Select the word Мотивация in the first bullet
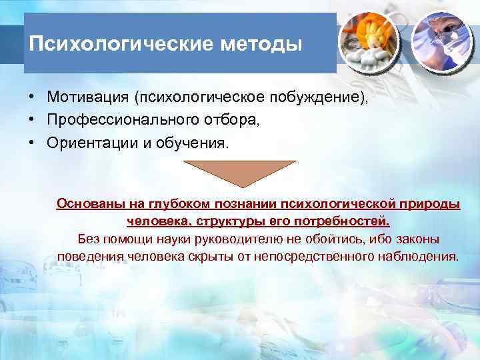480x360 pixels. pos(88,97)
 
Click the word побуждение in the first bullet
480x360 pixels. pos(318,97)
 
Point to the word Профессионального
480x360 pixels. pos(117,121)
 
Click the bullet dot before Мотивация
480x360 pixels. pos(32,97)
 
